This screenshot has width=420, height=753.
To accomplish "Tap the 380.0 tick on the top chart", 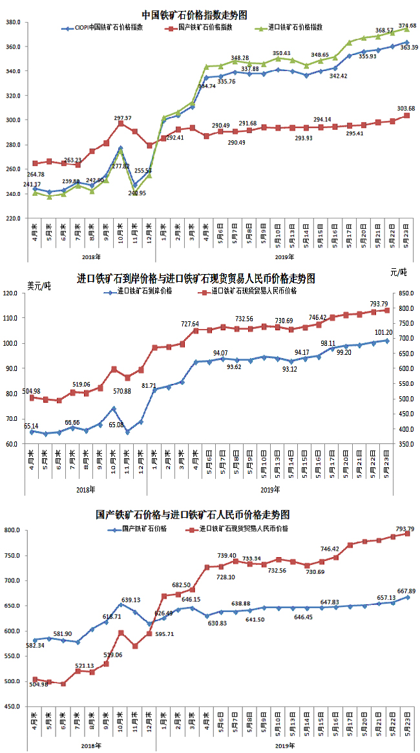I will click(x=14, y=22).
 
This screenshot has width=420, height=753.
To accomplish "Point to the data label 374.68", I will click(x=408, y=26).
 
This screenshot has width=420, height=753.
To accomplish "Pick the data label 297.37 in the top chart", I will click(x=123, y=118).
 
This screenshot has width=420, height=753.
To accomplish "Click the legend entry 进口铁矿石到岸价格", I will click(x=145, y=292).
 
